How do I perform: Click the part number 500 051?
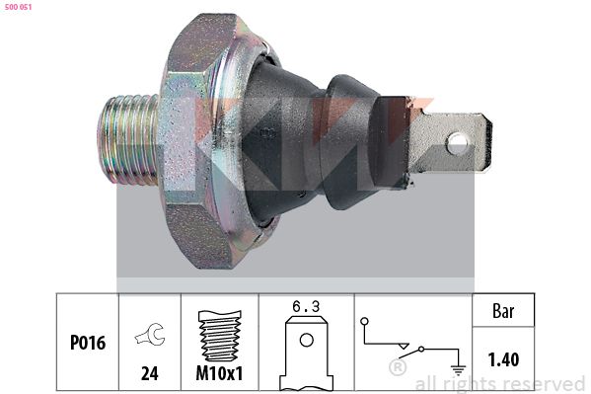(18, 7)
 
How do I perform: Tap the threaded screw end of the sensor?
(127, 139)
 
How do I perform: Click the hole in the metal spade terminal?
(458, 143)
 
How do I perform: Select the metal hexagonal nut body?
(199, 140)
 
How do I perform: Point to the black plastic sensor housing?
(321, 142)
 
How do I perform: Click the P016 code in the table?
(88, 343)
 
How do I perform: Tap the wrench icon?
(150, 335)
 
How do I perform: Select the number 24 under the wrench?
(150, 373)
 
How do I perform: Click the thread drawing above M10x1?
(220, 336)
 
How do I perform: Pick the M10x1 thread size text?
(219, 373)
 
